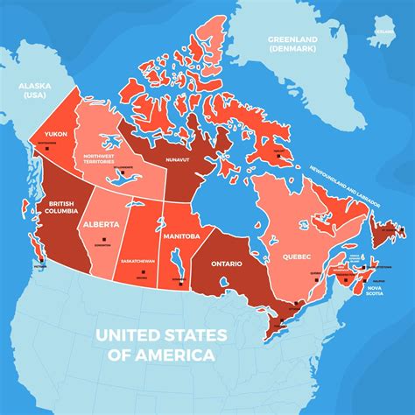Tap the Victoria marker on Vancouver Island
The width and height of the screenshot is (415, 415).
tap(38, 259)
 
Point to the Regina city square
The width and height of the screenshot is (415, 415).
tap(142, 273)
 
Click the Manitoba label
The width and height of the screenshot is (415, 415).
tap(181, 236)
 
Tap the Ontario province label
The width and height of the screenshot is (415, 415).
tap(227, 262)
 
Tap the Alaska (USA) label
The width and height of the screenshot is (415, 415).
tap(31, 88)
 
